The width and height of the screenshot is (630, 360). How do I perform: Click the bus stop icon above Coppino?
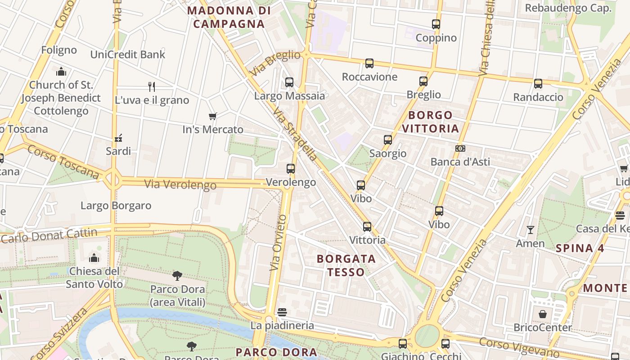tap(436, 24)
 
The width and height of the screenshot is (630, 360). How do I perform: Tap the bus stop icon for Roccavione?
tap(369, 63)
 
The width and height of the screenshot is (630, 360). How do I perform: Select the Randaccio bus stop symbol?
tap(538, 84)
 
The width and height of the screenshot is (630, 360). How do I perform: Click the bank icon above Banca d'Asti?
tap(460, 148)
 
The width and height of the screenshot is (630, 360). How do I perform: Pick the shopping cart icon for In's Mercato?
tap(213, 117)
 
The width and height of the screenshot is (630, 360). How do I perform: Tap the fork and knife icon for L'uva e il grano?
tap(152, 87)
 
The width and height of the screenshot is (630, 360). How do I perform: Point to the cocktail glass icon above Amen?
tap(531, 230)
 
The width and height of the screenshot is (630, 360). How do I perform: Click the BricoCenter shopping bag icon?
tap(543, 314)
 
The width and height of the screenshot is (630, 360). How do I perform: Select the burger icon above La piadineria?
tap(282, 312)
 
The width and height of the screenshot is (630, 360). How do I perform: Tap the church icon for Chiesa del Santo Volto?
tap(94, 258)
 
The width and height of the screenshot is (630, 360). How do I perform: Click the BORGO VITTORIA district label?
tap(430, 121)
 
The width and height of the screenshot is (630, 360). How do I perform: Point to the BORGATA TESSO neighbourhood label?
tap(346, 265)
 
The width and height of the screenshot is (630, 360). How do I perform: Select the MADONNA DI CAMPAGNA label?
tap(229, 17)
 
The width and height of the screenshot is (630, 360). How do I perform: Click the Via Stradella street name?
tap(295, 135)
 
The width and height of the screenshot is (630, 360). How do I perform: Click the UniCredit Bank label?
tap(128, 54)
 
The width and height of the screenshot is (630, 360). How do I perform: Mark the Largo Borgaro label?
tap(116, 206)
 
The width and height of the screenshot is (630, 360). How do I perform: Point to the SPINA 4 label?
tap(580, 248)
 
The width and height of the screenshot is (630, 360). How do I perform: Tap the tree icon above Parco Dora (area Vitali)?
tap(177, 276)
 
